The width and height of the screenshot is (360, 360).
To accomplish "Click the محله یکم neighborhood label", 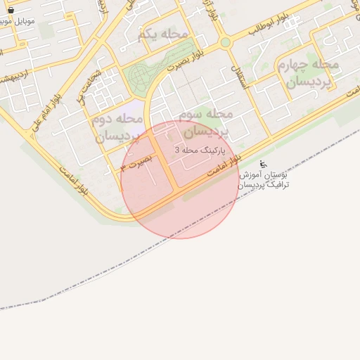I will click(x=163, y=34).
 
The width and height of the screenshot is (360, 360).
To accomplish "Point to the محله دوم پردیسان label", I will click(x=117, y=127).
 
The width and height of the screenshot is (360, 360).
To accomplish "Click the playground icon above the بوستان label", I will click(x=263, y=164).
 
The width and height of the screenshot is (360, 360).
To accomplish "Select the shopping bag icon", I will click(x=10, y=10).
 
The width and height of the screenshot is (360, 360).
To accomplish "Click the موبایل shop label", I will click(x=14, y=21).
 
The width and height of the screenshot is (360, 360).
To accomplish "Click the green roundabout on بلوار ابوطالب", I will click(x=225, y=42).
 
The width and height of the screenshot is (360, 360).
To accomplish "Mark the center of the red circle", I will click(x=180, y=179).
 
